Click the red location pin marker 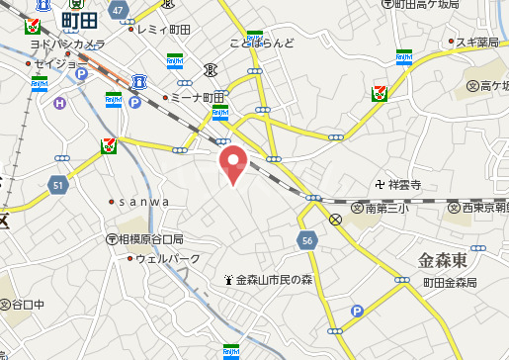coord(233,162)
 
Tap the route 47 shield coord(119,10)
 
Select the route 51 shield coord(57,184)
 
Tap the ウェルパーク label coord(168,259)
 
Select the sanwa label coord(144,202)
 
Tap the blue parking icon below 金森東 coord(357,312)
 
